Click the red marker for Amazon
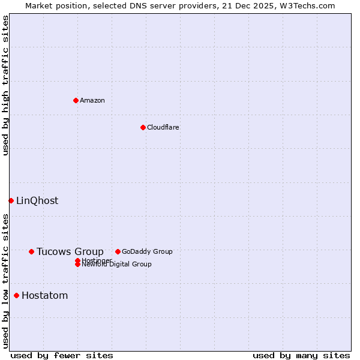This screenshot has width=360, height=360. (76, 100)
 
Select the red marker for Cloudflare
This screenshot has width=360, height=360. (143, 127)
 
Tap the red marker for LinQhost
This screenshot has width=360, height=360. (11, 200)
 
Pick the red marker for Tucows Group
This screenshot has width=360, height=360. (31, 251)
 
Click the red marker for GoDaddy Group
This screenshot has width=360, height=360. (118, 251)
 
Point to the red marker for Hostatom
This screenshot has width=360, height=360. (16, 295)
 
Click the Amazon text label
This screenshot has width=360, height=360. (92, 100)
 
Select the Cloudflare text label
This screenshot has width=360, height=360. (163, 127)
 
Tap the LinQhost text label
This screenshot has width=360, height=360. (37, 200)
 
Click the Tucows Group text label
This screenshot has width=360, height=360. (70, 251)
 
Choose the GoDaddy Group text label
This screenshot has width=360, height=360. (147, 251)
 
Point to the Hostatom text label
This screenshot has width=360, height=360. (45, 295)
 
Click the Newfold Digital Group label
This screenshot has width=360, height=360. (117, 265)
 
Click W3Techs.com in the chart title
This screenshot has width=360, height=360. (306, 5)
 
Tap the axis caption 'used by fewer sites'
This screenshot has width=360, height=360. (62, 355)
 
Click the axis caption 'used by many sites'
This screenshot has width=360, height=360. (301, 355)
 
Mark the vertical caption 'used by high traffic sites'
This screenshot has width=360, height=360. (5, 85)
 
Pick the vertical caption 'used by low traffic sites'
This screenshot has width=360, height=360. (5, 281)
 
